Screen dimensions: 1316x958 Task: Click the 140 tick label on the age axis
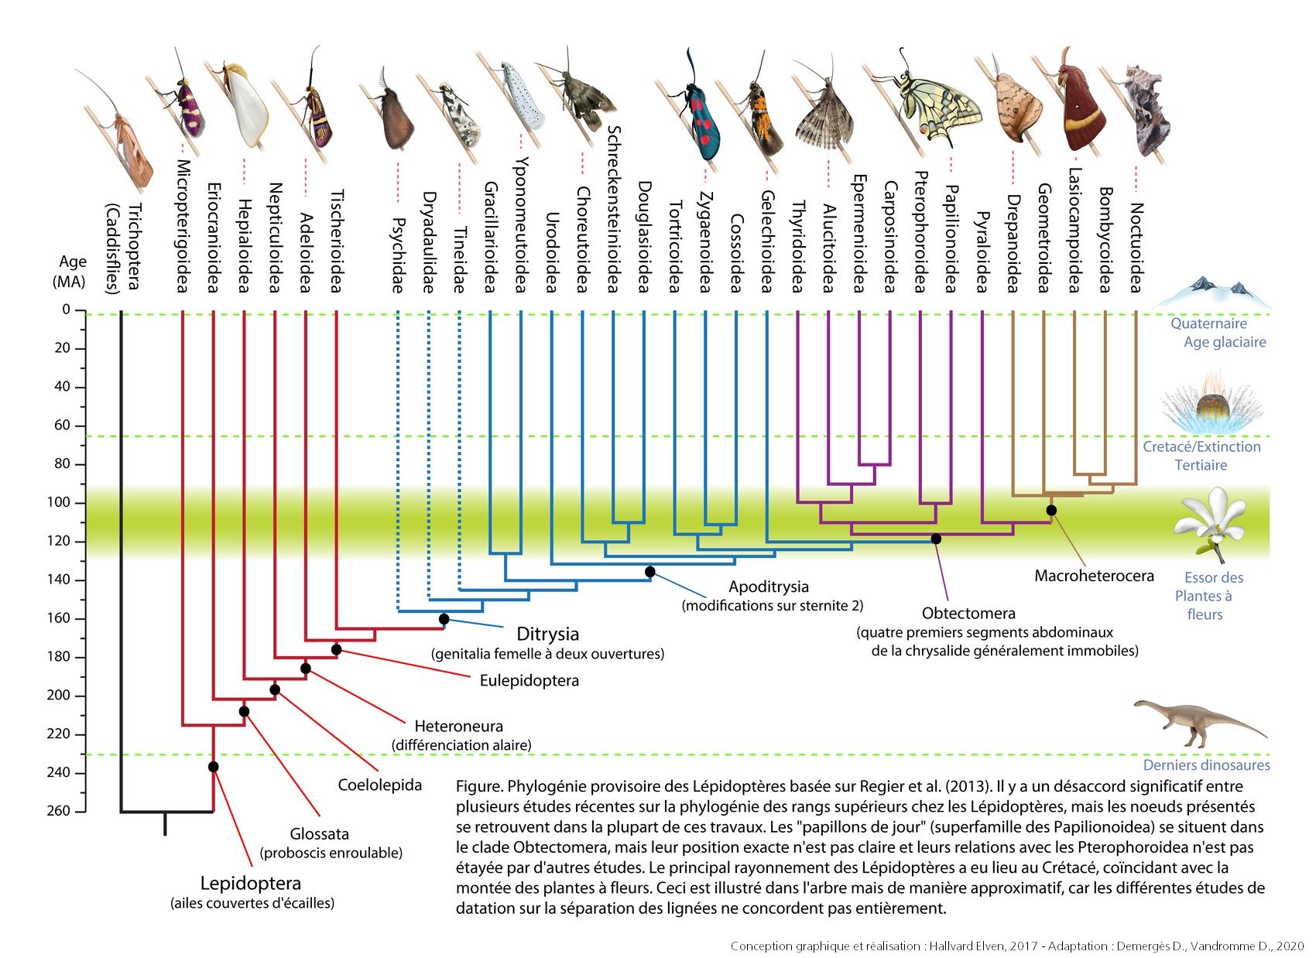tap(58, 580)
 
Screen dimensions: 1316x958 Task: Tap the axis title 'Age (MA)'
tap(70, 272)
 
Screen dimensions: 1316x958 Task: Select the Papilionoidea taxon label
tap(951, 239)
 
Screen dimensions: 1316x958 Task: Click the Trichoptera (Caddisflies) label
tap(123, 248)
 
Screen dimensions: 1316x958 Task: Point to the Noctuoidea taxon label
tap(1136, 248)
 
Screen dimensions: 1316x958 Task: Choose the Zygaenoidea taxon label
tap(705, 242)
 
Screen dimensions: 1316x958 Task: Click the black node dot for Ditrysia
tap(444, 619)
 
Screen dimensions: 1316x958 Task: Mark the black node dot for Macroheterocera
tap(1051, 511)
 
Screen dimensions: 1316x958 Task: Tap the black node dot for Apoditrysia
tap(649, 572)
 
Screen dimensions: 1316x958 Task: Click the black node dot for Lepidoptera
tap(213, 767)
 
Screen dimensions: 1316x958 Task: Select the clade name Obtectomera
tap(968, 614)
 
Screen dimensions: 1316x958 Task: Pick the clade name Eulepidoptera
tap(529, 681)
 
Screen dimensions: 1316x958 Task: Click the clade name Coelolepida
tap(379, 785)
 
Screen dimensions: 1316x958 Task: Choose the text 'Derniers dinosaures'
tap(1206, 765)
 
